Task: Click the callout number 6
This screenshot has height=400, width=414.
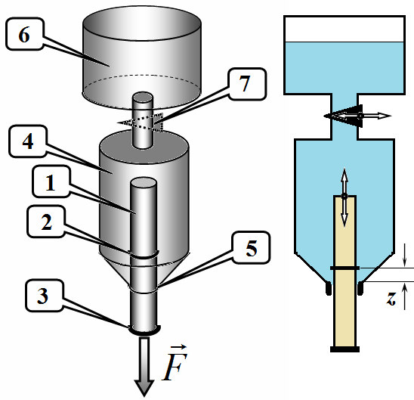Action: pyautogui.click(x=24, y=35)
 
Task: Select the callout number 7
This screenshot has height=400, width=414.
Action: pyautogui.click(x=245, y=83)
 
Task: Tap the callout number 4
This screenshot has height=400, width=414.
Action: pyautogui.click(x=28, y=141)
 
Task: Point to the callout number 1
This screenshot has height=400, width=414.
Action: pyautogui.click(x=50, y=182)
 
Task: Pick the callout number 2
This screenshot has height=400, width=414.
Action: pyautogui.click(x=47, y=222)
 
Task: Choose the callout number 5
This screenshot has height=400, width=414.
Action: pyautogui.click(x=252, y=249)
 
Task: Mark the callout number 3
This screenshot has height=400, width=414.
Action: pyautogui.click(x=42, y=296)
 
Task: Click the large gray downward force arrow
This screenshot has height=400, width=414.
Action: pyautogui.click(x=144, y=367)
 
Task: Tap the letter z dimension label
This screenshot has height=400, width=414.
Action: pyautogui.click(x=391, y=299)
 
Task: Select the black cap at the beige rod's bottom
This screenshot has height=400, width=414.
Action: pyautogui.click(x=344, y=349)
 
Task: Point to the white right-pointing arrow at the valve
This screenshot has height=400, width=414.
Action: pyautogui.click(x=375, y=116)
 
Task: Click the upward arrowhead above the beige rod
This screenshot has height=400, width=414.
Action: pyautogui.click(x=344, y=174)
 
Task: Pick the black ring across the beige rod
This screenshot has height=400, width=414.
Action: pyautogui.click(x=344, y=268)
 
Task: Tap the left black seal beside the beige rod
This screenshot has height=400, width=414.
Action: pyautogui.click(x=329, y=289)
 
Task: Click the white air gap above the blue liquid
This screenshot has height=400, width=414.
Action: pyautogui.click(x=344, y=29)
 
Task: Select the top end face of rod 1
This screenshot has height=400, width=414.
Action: pyautogui.click(x=144, y=182)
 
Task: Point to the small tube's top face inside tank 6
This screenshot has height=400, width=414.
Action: pyautogui.click(x=143, y=98)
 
